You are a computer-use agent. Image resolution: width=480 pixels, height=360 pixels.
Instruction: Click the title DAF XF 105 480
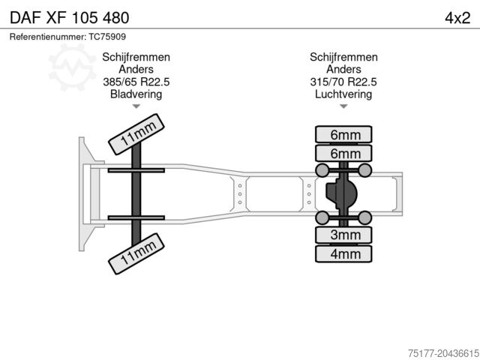69,17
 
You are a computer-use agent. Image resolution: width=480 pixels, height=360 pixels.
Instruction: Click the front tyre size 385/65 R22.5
136,82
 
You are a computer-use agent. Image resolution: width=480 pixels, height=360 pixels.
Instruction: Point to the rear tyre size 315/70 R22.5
343,82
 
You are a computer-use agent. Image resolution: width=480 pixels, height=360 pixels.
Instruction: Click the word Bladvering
136,94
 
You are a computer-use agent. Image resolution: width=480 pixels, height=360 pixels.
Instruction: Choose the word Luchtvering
343,94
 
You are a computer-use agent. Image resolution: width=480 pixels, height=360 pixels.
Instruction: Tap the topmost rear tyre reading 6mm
343,135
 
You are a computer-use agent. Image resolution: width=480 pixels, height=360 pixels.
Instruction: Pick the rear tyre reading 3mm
343,235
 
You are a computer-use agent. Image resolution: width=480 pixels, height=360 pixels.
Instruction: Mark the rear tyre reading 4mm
343,254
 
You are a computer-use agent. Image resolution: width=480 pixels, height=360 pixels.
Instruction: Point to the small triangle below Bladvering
136,106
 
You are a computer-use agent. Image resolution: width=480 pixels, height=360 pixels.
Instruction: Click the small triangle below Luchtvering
343,106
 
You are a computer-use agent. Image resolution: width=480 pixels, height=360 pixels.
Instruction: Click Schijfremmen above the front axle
136,57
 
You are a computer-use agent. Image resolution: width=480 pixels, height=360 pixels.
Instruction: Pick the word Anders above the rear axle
343,70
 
